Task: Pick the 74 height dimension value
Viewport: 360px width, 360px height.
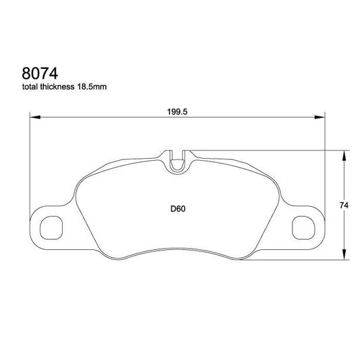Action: click(343, 205)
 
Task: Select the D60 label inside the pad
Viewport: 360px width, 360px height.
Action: click(178, 209)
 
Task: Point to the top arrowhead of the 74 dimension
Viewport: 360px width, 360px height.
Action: click(346, 153)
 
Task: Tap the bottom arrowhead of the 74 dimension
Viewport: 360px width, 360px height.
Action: click(346, 258)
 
